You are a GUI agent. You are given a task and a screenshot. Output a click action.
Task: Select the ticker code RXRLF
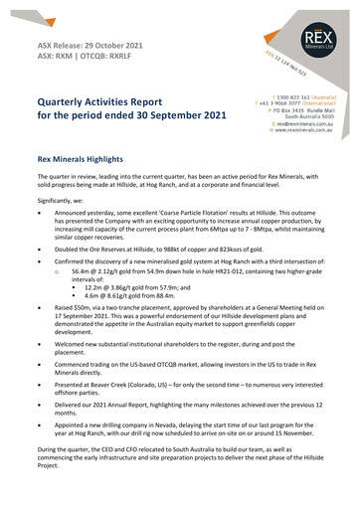tap(147, 59)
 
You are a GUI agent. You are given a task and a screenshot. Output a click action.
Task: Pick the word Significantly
tap(62, 200)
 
